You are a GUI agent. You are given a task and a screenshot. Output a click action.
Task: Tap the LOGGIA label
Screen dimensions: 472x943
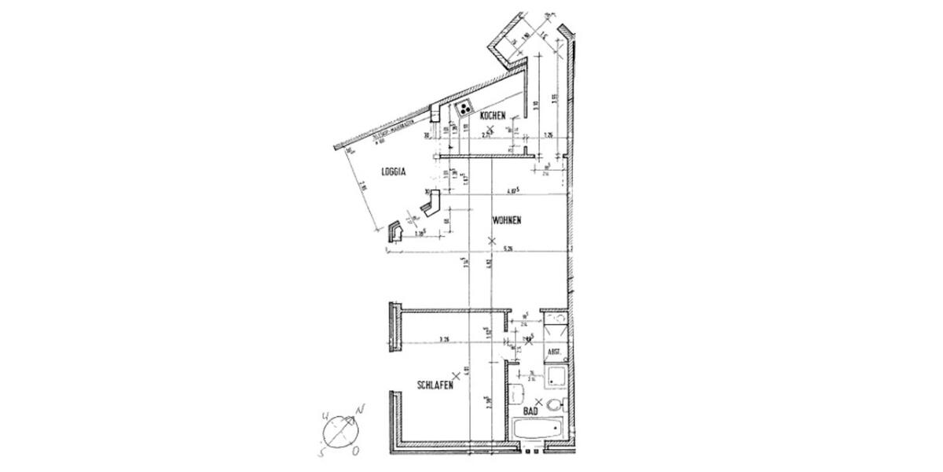393,172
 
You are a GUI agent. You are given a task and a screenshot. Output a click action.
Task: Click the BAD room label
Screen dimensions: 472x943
531,411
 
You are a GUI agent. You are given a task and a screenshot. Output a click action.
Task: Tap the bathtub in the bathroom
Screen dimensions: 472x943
538,432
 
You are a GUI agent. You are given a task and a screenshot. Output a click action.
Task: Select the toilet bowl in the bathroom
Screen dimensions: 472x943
555,405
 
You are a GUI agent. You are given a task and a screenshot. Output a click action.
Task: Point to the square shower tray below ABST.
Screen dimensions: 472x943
556,374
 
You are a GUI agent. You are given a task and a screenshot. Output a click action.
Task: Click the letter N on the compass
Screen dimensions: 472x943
360,411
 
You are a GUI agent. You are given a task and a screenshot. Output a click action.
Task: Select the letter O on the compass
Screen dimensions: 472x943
356,451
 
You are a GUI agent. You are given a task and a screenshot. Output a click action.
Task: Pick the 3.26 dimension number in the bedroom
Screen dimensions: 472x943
443,340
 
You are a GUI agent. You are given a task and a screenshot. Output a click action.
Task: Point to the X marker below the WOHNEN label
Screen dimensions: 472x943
492,240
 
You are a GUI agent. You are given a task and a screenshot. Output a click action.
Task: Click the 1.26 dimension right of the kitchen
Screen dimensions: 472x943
549,135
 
